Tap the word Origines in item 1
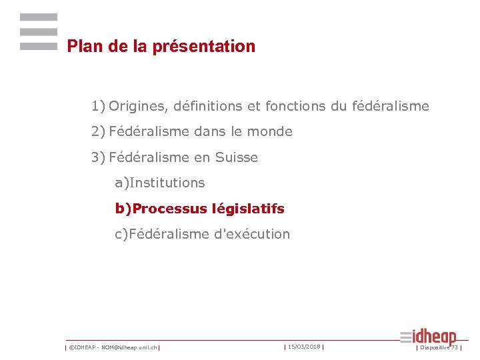click(x=137, y=106)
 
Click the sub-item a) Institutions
click(x=160, y=183)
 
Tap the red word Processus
click(x=169, y=209)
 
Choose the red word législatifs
click(x=248, y=209)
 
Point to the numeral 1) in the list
click(x=98, y=106)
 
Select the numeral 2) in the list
click(x=98, y=132)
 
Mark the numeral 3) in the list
click(x=98, y=158)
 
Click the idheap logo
click(x=429, y=337)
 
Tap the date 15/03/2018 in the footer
click(x=305, y=347)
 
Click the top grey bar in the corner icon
click(x=39, y=17)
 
